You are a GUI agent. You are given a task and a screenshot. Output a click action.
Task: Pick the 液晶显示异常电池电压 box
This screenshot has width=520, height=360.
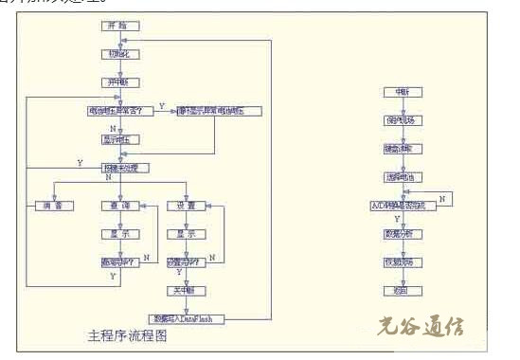[218, 111]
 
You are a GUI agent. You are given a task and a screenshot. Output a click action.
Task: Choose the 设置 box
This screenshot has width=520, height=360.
[186, 206]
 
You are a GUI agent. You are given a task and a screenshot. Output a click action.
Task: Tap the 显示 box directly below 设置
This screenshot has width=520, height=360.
[186, 233]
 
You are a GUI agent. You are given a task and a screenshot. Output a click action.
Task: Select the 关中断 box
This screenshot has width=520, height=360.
[186, 290]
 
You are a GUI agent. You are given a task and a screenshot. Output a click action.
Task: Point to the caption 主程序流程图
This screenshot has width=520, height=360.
[127, 336]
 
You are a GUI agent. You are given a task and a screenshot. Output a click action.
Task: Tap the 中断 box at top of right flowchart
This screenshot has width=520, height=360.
[401, 92]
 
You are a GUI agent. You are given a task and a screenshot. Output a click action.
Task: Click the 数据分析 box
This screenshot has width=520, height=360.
[401, 233]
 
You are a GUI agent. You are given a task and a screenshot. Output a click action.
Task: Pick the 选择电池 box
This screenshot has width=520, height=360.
[401, 177]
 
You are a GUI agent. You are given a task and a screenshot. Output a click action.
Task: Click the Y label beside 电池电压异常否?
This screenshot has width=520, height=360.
[161, 105]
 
